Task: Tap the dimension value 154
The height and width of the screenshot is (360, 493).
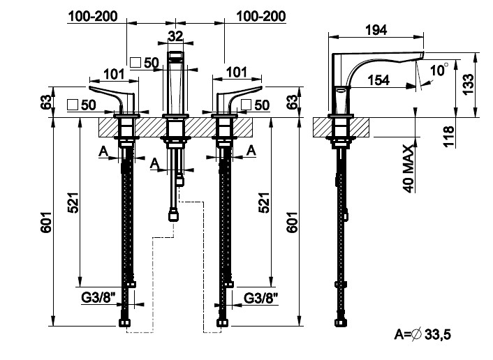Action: click(378, 80)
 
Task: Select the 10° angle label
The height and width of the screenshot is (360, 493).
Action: click(439, 70)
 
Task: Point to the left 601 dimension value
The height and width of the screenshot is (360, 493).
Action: click(46, 223)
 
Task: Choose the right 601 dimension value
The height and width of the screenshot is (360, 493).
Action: click(293, 223)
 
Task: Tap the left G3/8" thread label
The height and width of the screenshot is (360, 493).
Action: click(97, 298)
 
